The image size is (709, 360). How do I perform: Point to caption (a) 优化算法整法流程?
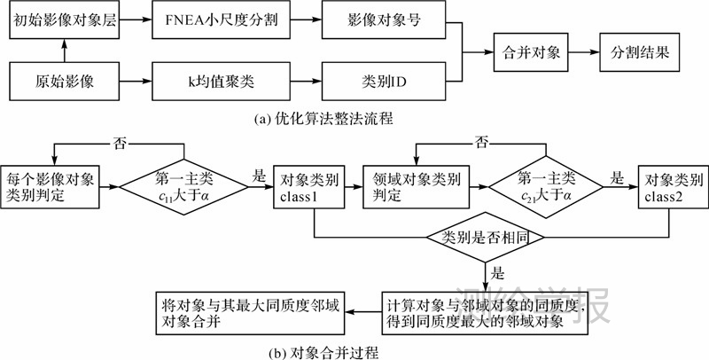coord(327,117)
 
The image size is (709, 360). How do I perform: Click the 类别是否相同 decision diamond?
coord(486,238)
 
